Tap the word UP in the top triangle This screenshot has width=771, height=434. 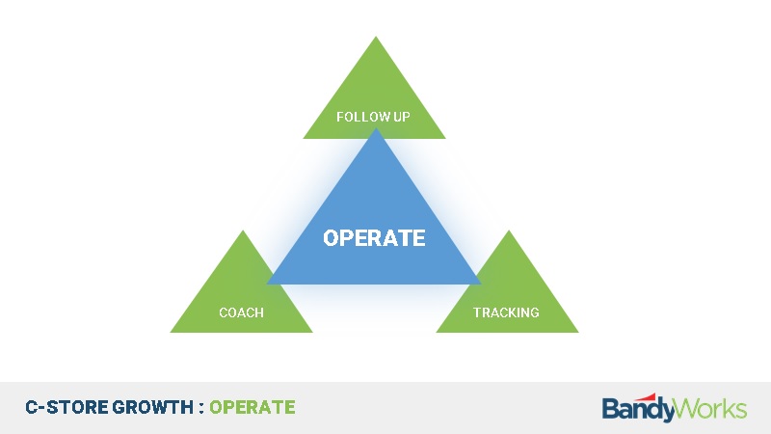[x=402, y=117]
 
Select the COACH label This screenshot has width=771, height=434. [x=242, y=312]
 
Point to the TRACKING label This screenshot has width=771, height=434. [x=506, y=312]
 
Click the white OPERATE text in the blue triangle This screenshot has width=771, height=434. [x=374, y=238]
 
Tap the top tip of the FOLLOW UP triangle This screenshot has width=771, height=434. [x=376, y=37]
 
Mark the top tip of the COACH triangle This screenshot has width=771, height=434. [x=243, y=231]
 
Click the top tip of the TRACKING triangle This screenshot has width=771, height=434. [x=509, y=231]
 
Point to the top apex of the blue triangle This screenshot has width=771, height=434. [x=376, y=128]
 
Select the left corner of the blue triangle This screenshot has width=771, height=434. [x=267, y=284]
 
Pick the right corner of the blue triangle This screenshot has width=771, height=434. [x=480, y=284]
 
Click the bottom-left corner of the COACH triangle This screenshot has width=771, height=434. [x=171, y=333]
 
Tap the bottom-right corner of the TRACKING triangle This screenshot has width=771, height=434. [x=579, y=333]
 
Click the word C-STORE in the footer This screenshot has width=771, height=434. [x=66, y=407]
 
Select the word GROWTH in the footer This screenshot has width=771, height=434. [x=153, y=407]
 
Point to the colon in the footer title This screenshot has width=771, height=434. [x=201, y=408]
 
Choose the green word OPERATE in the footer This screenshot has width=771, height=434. [x=253, y=407]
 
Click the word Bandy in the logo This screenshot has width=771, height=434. [x=637, y=409]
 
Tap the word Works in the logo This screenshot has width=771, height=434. [x=709, y=408]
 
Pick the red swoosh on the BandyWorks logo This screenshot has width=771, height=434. [x=646, y=397]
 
